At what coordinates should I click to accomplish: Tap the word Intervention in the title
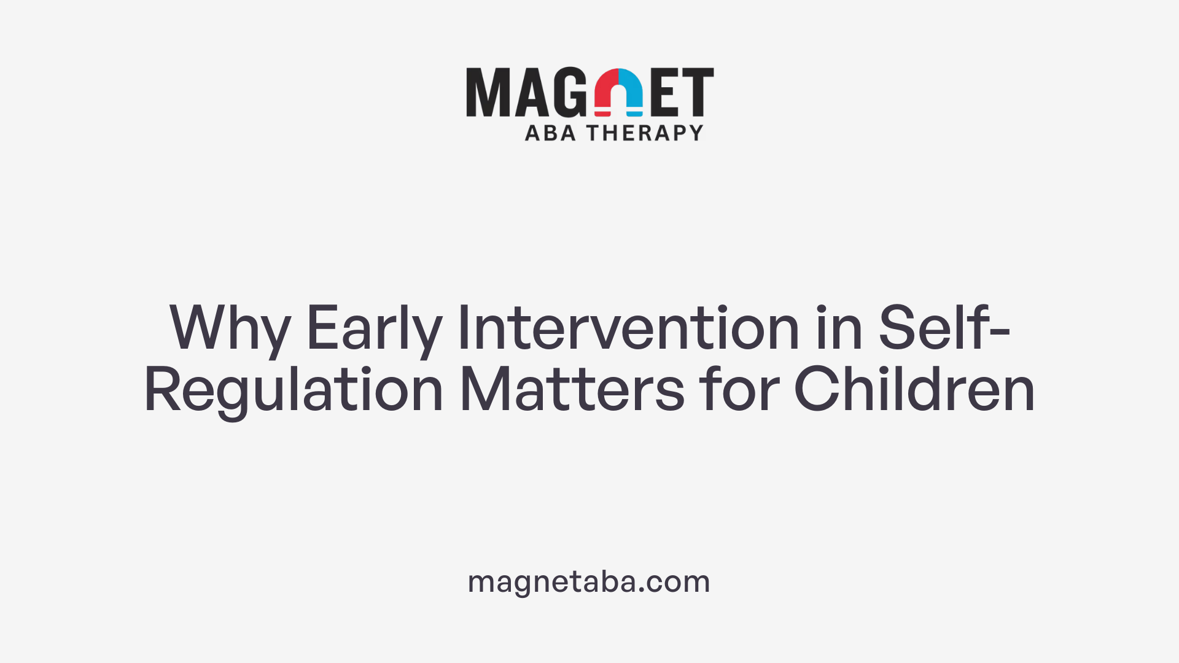[x=628, y=328]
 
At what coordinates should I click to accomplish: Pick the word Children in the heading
[x=914, y=389]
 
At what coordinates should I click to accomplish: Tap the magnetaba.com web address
[x=589, y=582]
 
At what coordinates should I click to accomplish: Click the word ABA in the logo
[x=550, y=133]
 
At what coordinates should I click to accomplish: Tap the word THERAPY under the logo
[x=645, y=133]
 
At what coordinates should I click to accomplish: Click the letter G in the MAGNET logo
[x=569, y=92]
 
